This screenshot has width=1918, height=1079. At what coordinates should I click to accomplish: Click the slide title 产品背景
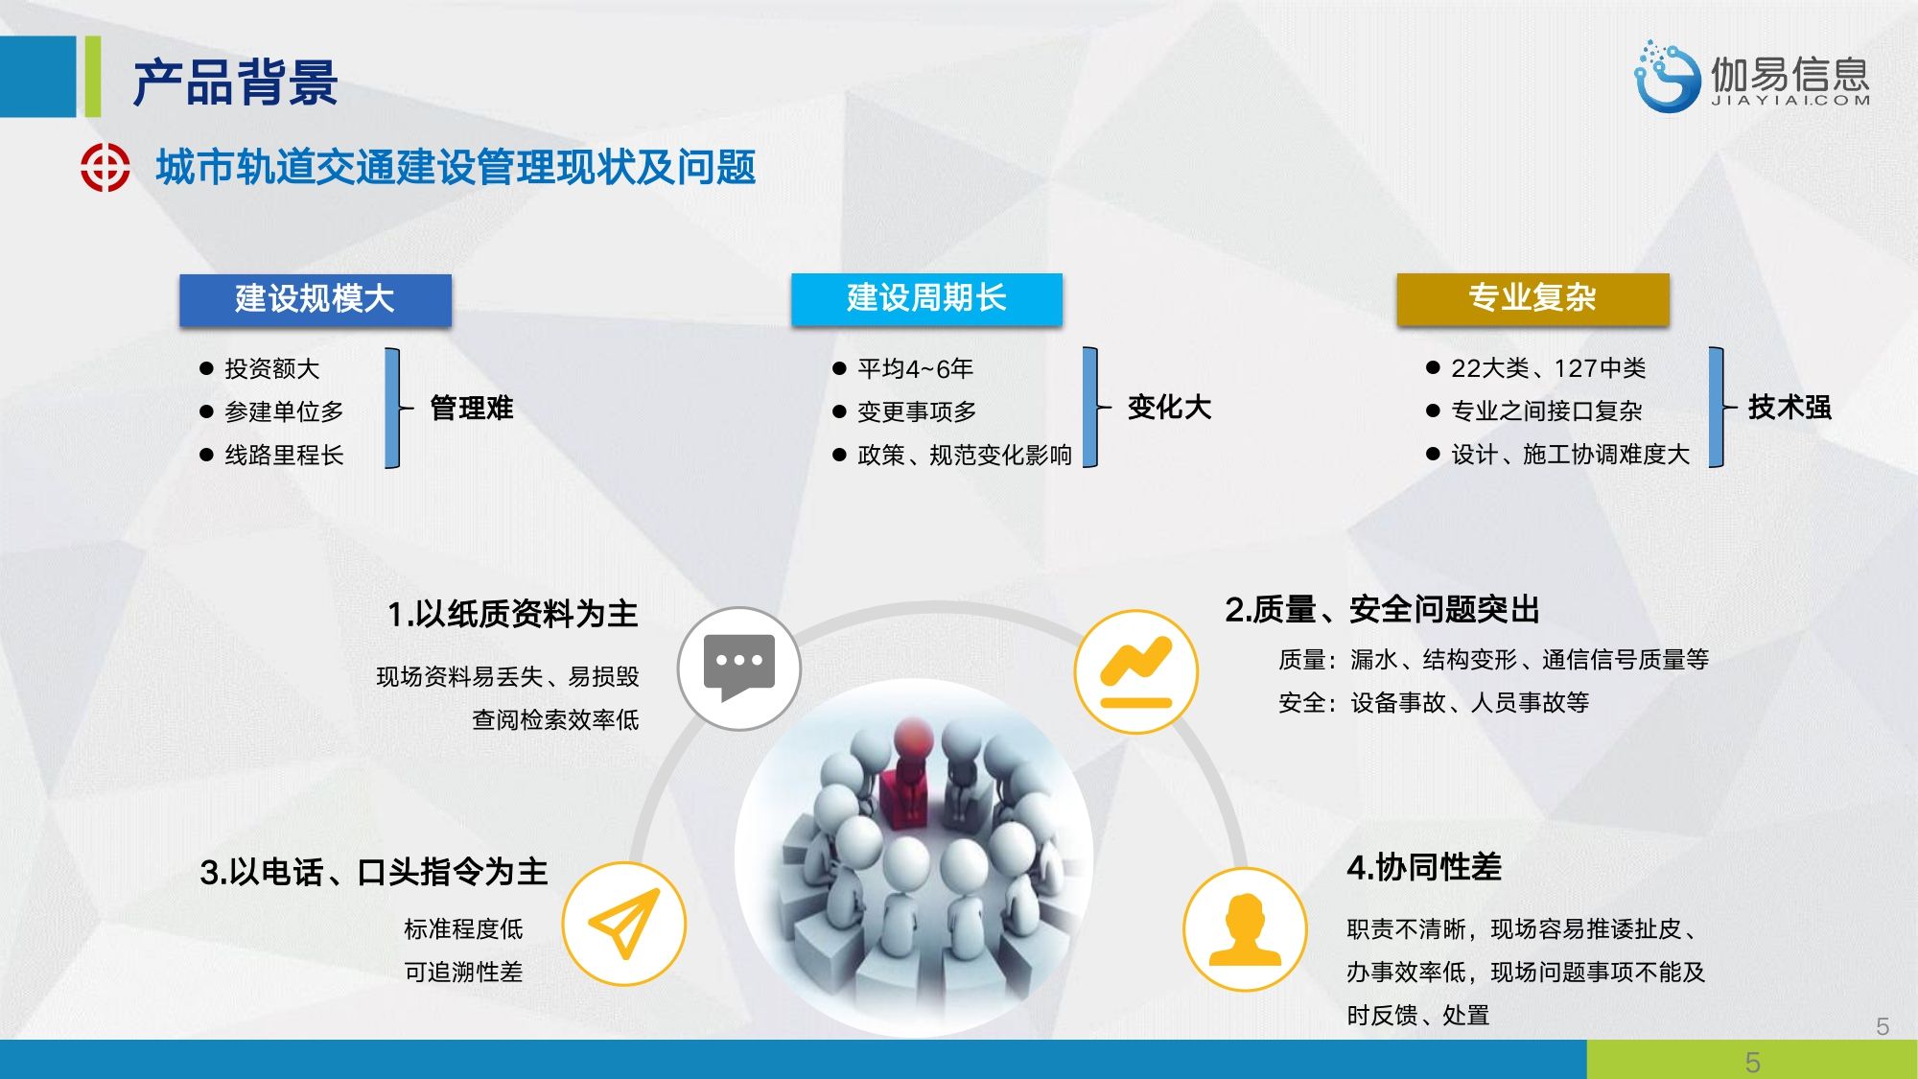(235, 82)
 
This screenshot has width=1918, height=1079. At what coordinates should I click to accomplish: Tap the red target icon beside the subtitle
(105, 168)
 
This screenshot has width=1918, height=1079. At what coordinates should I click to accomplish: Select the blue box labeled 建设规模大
(316, 299)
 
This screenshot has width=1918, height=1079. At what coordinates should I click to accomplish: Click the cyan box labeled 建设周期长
(926, 298)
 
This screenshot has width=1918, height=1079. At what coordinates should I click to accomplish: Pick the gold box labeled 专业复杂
(1532, 298)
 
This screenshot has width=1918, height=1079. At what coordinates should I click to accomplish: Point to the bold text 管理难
(472, 408)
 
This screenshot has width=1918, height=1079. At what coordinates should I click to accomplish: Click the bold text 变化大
(1169, 407)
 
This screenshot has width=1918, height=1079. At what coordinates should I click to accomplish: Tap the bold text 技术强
(1789, 407)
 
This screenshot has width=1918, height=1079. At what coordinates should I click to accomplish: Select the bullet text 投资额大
(271, 368)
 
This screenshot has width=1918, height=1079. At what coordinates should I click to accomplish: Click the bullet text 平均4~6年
(915, 368)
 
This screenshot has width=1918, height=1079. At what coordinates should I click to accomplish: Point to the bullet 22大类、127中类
(1548, 367)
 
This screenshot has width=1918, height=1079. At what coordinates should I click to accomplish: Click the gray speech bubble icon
(739, 669)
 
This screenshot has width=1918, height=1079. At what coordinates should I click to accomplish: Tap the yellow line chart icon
(1136, 671)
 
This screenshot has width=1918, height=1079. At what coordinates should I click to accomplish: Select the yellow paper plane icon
(624, 924)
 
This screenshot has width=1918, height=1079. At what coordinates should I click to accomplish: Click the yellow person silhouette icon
(1245, 929)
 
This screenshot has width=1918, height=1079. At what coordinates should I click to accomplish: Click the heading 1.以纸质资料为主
(513, 614)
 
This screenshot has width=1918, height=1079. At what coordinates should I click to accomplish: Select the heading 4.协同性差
(1424, 867)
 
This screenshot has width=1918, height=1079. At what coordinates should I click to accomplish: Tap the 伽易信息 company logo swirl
(1667, 77)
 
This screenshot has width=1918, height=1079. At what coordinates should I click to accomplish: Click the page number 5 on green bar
(1752, 1062)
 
